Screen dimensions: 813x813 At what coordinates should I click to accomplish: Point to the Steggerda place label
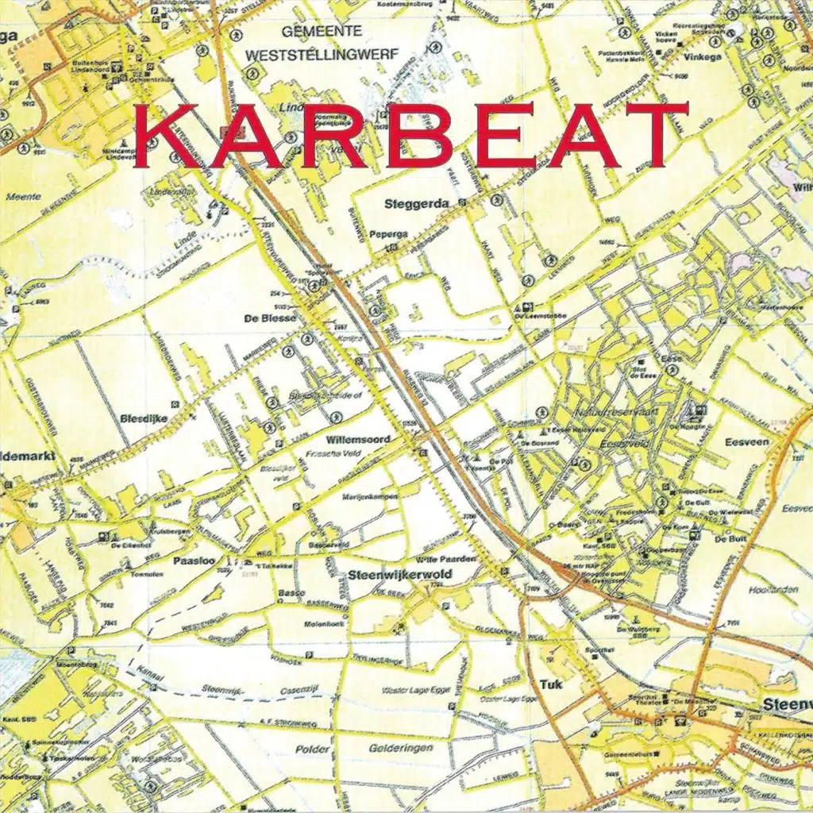416,204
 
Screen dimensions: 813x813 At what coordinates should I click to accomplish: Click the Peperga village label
388,235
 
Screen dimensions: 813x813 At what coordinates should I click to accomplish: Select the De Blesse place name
271,318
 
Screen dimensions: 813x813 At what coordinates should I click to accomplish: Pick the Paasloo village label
191,561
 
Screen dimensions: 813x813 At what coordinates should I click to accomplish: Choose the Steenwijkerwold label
400,574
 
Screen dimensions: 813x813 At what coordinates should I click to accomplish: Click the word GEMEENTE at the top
322,31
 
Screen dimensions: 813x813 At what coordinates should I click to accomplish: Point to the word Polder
311,749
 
